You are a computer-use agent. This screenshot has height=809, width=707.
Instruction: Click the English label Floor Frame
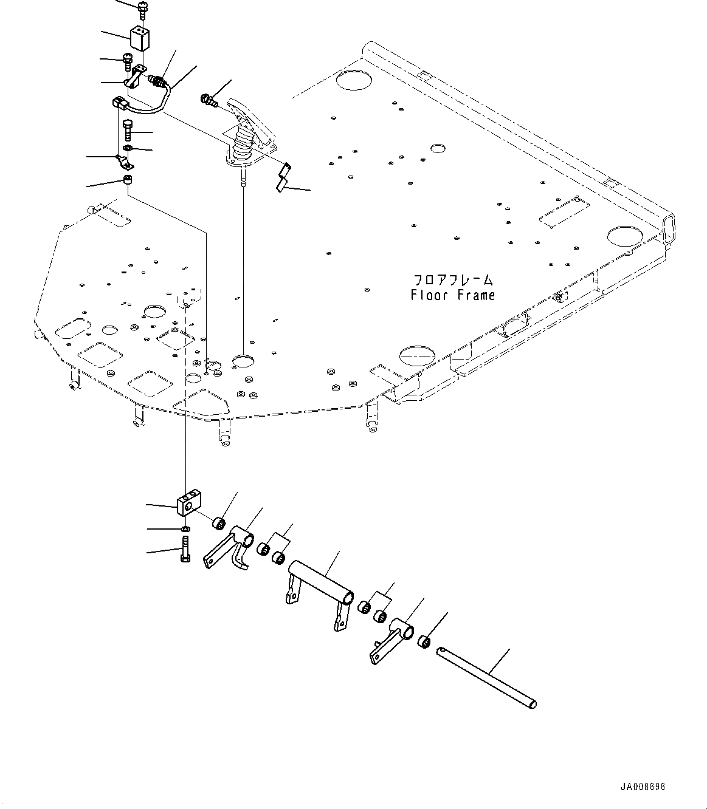(x=453, y=295)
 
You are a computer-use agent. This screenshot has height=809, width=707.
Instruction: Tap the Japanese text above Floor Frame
(x=453, y=280)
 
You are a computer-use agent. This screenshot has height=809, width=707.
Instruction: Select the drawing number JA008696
(x=643, y=787)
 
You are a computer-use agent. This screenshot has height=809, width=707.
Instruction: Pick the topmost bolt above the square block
(x=142, y=9)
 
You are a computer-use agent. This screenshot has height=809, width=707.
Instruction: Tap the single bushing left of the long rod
(x=426, y=642)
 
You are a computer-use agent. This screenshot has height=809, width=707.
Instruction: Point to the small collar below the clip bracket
(x=128, y=180)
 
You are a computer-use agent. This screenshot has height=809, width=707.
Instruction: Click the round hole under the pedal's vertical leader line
(x=243, y=361)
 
